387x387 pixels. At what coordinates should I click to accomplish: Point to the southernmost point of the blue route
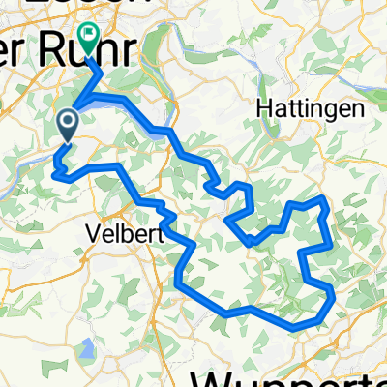point(294,327)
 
